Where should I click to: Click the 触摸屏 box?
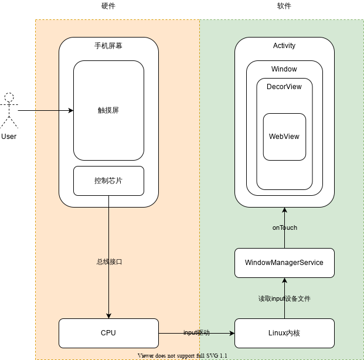108,110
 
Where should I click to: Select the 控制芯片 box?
108,181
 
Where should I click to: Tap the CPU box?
108,333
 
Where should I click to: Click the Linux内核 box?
284,333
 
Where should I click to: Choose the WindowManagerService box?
284,263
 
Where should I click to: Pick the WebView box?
284,137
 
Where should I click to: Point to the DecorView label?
284,87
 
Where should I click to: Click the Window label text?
284,69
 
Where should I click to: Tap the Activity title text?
284,46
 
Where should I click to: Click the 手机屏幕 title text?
108,46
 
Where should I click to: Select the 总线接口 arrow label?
109,262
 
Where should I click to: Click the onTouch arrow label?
284,227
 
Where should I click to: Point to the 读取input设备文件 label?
284,298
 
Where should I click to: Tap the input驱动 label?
196,333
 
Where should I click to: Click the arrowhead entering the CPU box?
108,315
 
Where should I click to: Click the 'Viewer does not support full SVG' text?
182,355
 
